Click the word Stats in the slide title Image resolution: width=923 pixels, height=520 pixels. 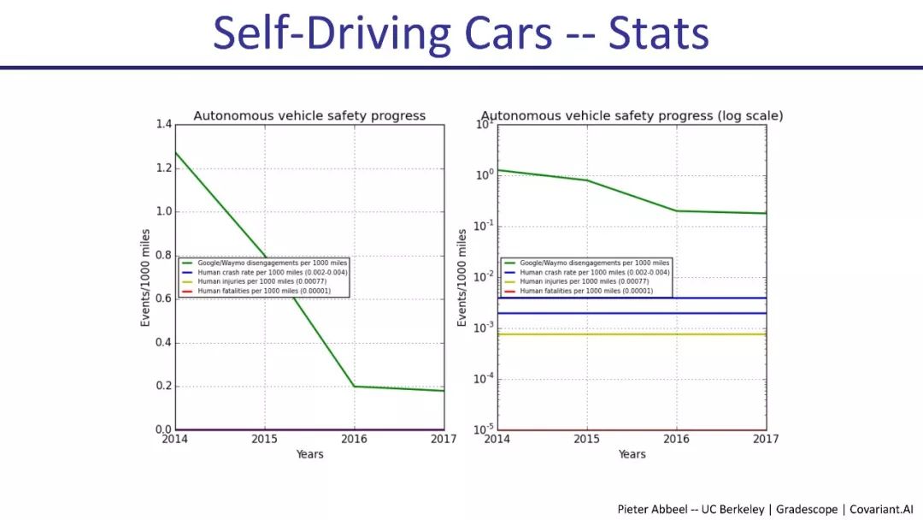pyautogui.click(x=658, y=34)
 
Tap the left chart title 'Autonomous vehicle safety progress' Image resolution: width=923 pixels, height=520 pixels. pyautogui.click(x=309, y=115)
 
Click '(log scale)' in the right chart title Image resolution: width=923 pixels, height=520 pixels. pyautogui.click(x=750, y=115)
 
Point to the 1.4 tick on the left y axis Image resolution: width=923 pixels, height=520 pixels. pyautogui.click(x=162, y=125)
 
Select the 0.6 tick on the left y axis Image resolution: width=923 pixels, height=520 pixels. pyautogui.click(x=162, y=299)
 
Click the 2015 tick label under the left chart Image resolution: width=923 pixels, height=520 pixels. pyautogui.click(x=265, y=440)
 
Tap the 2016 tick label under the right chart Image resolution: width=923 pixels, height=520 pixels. pyautogui.click(x=676, y=440)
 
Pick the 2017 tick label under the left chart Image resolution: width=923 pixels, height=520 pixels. pyautogui.click(x=444, y=440)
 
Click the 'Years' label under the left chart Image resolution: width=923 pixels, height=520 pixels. pyautogui.click(x=309, y=454)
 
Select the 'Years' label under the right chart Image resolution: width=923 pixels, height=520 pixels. pyautogui.click(x=632, y=454)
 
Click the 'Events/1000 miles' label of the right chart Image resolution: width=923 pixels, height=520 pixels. pyautogui.click(x=462, y=277)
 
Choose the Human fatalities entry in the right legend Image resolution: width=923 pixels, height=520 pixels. pyautogui.click(x=586, y=291)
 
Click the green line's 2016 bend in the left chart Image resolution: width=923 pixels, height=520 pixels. pyautogui.click(x=355, y=387)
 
